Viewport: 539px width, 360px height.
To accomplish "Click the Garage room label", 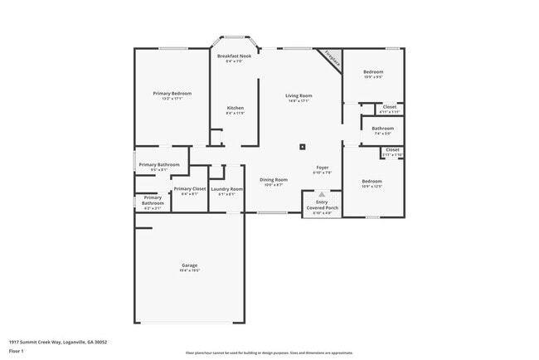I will (190, 266).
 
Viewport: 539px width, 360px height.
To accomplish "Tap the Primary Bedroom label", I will (172, 94).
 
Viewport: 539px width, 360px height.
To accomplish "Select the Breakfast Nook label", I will (235, 56).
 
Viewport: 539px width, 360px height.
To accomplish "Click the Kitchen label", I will (236, 109).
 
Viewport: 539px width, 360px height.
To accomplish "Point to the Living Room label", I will (299, 96).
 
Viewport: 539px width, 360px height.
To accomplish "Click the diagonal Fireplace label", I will (331, 60).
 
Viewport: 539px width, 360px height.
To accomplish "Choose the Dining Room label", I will (274, 180).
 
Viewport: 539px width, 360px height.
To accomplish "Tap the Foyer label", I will (322, 168).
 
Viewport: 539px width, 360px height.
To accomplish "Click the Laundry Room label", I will (226, 190).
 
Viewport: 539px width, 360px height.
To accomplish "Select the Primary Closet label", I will (190, 190).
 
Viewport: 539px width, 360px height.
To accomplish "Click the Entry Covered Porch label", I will (322, 206).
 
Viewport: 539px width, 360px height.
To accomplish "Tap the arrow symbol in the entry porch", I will (322, 194).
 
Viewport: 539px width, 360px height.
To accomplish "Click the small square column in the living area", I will (302, 148).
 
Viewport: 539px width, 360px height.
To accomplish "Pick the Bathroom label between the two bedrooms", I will (382, 129).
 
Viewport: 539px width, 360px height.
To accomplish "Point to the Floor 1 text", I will (17, 351).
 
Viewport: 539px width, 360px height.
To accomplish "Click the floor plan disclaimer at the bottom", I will (269, 352).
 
